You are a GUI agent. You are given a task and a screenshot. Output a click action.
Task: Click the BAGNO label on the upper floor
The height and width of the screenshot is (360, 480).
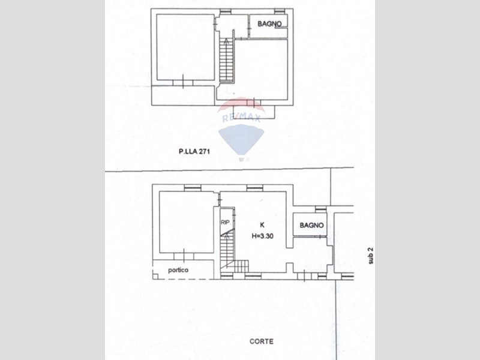[x=269, y=23]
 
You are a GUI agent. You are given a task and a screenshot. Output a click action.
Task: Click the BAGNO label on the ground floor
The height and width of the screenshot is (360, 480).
[x=311, y=226]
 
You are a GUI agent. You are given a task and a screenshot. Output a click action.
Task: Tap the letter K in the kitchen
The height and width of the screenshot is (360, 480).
[x=262, y=225]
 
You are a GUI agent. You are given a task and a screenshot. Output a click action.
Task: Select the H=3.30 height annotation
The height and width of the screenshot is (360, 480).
[x=262, y=236]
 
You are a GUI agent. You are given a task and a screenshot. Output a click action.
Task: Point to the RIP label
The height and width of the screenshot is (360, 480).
[x=225, y=223]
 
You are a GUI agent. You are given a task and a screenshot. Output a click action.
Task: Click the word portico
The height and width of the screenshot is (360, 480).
[x=178, y=270]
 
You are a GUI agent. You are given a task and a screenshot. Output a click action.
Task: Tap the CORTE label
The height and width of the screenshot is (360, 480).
[x=262, y=341]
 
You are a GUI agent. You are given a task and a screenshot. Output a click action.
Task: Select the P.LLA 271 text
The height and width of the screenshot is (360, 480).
[x=194, y=151]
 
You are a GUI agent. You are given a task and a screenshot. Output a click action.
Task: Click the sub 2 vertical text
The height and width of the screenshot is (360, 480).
[x=371, y=256]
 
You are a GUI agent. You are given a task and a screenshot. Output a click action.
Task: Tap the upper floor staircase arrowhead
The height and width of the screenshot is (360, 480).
[x=226, y=41]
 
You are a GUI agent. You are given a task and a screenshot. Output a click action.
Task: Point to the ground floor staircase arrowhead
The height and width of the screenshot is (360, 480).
[x=227, y=235]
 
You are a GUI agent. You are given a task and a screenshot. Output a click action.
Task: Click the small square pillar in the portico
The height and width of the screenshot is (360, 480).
[x=155, y=277]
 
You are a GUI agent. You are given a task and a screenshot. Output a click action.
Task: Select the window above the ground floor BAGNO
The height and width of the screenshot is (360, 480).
[x=320, y=209]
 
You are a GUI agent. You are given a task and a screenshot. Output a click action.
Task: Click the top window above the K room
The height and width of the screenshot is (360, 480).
[x=254, y=188]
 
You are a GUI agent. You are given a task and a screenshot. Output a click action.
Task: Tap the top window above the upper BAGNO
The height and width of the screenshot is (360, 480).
[x=280, y=11]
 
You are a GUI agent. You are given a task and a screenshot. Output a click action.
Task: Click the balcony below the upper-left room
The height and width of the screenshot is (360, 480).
[x=183, y=95]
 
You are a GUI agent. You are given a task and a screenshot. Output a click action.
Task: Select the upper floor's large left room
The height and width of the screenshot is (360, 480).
[x=185, y=47]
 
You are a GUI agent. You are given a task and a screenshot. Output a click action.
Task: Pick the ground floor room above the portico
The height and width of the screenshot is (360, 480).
[x=187, y=222]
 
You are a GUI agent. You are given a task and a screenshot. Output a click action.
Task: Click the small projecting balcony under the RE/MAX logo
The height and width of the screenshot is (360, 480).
[x=254, y=112]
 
